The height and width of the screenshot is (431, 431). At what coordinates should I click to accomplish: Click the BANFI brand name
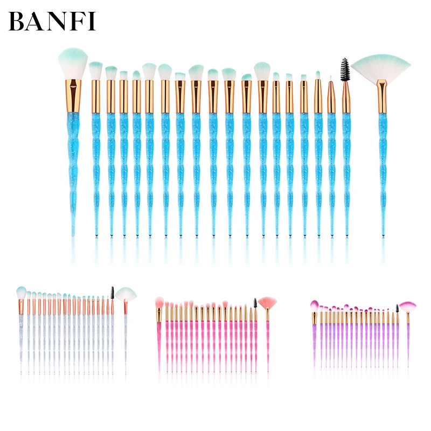pyautogui.click(x=52, y=21)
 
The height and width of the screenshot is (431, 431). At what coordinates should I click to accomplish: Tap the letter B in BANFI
pyautogui.click(x=17, y=21)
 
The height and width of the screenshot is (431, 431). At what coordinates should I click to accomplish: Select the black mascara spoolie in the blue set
pyautogui.click(x=345, y=69)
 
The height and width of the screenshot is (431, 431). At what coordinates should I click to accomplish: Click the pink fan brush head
pyautogui.click(x=267, y=302)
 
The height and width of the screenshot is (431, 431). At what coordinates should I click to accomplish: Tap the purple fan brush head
pyautogui.click(x=407, y=306)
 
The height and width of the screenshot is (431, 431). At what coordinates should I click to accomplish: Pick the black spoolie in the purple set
pyautogui.click(x=398, y=309)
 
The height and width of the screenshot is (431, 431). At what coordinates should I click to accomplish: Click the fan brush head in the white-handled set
pyautogui.click(x=126, y=294)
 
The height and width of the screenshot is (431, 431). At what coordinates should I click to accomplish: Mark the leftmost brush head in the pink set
pyautogui.click(x=159, y=302)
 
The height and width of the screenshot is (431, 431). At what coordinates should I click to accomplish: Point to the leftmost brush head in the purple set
pyautogui.click(x=314, y=305)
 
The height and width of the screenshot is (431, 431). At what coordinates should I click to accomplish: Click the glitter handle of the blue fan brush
pyautogui.click(x=383, y=162)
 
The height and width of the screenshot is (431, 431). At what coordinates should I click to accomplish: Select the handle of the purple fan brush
pyautogui.click(x=407, y=339)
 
